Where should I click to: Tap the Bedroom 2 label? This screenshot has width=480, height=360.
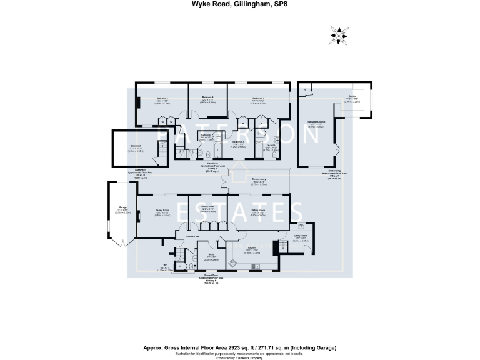tap(145, 98)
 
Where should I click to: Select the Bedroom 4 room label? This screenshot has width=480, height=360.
tap(208, 97)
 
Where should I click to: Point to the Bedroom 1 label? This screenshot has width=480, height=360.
tap(257, 98)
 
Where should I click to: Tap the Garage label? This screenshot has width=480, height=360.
tap(122, 208)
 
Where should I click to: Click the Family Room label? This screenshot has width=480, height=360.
tap(162, 211)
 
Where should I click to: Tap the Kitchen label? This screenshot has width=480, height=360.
tap(261, 248)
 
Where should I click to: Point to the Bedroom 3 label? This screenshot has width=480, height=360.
tap(238, 142)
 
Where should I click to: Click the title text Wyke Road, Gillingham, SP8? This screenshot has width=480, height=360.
tap(239, 5)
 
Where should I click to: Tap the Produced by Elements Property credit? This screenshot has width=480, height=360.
tap(240, 357)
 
